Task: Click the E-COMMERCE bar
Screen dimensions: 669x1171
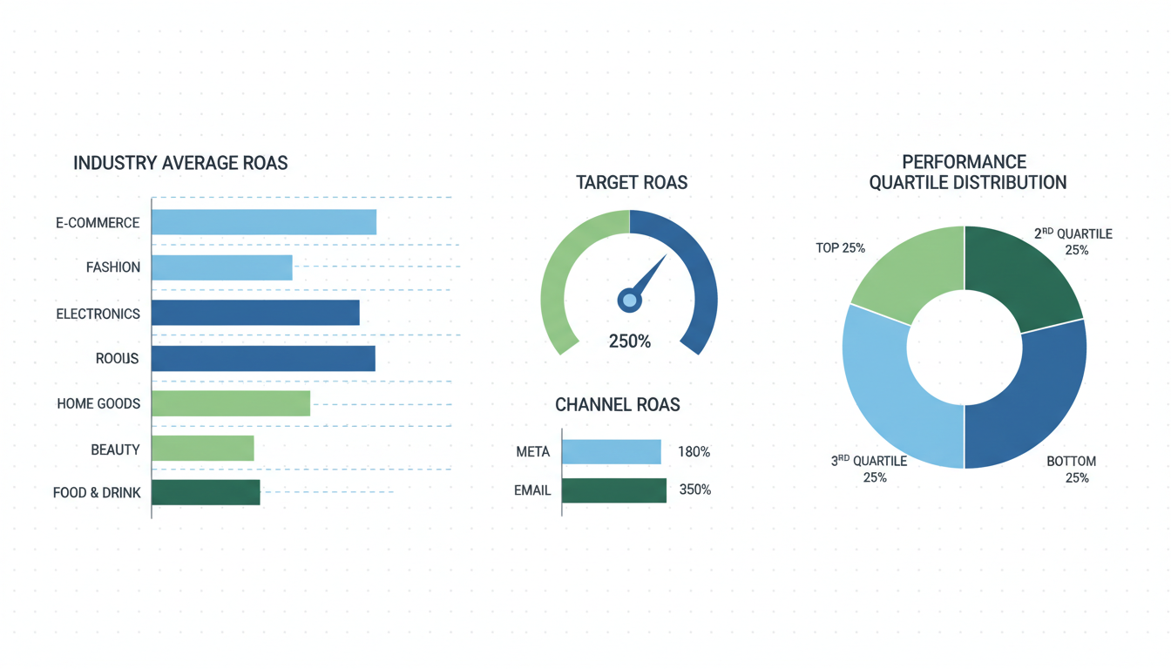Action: pyautogui.click(x=263, y=222)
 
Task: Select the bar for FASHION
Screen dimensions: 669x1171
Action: pyautogui.click(x=221, y=267)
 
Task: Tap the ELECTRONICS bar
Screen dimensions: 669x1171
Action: pyautogui.click(x=255, y=313)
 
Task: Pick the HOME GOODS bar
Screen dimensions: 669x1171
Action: pyautogui.click(x=230, y=403)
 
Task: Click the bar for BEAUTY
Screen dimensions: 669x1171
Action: pyautogui.click(x=202, y=449)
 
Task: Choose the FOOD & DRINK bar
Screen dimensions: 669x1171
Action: pyautogui.click(x=206, y=492)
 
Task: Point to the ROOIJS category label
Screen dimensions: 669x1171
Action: pyautogui.click(x=117, y=358)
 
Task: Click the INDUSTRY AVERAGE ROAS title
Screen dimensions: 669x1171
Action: pyautogui.click(x=180, y=163)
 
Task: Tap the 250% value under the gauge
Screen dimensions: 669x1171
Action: pyautogui.click(x=629, y=341)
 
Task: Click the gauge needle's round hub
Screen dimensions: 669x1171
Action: pyautogui.click(x=629, y=301)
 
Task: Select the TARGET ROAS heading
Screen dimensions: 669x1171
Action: pyautogui.click(x=631, y=183)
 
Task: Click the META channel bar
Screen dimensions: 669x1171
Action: pyautogui.click(x=611, y=451)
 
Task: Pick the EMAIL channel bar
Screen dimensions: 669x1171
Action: pyautogui.click(x=613, y=490)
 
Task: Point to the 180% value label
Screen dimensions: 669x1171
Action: pyautogui.click(x=694, y=452)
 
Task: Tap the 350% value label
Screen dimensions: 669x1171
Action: pyautogui.click(x=694, y=490)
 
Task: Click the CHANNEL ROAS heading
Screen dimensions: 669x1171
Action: pyautogui.click(x=617, y=405)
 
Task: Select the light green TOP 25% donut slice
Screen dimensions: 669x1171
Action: pyautogui.click(x=906, y=270)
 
